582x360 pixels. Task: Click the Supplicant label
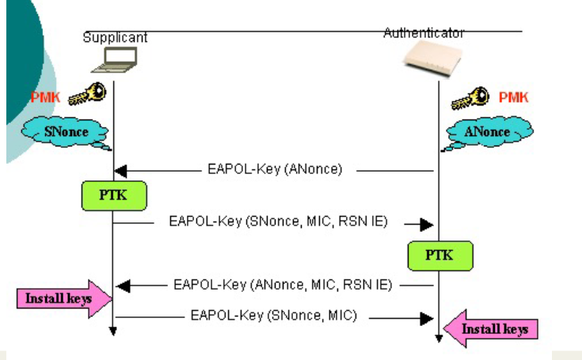click(x=114, y=38)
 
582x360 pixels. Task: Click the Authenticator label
click(x=424, y=33)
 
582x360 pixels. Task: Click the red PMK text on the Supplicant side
click(x=43, y=97)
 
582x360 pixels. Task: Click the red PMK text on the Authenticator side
click(x=513, y=97)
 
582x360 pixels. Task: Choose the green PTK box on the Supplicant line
click(x=115, y=195)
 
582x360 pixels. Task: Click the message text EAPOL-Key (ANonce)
click(x=276, y=169)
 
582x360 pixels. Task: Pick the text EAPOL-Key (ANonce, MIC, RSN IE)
click(x=283, y=283)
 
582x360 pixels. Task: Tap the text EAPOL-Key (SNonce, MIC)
click(x=274, y=315)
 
